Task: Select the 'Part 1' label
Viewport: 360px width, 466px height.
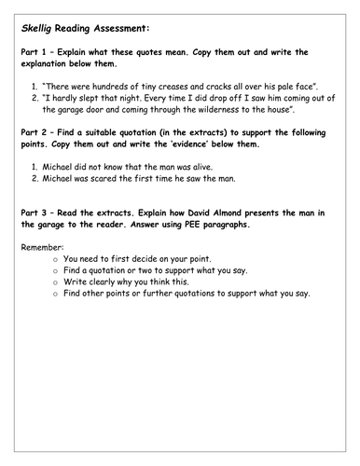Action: pos(36,56)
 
